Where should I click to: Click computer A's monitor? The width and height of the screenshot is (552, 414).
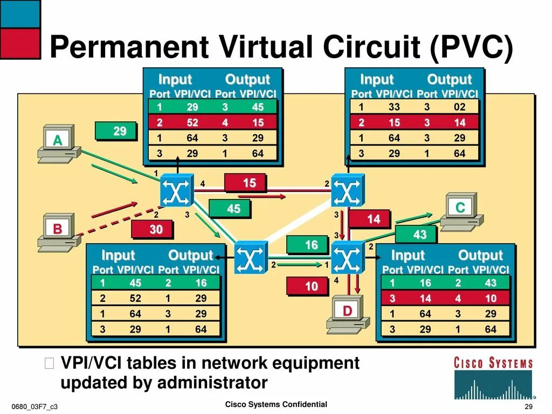57,141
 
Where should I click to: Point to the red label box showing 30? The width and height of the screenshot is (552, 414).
156,230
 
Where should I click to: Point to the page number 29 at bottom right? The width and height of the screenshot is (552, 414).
528,406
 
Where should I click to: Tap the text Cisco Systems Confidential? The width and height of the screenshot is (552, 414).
275,404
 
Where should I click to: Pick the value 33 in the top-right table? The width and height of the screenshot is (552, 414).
394,107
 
